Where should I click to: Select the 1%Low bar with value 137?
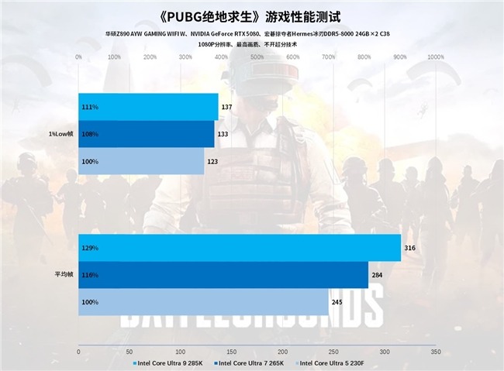(148, 106)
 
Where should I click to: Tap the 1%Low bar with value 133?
(147, 134)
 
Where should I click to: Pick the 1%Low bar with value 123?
(141, 161)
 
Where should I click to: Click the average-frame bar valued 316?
(240, 248)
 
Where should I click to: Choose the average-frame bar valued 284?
(223, 275)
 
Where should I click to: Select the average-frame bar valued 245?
(203, 302)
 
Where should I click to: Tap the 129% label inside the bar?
(90, 248)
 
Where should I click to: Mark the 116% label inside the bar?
(90, 275)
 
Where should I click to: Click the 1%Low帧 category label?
(60, 134)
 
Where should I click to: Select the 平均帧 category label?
(65, 275)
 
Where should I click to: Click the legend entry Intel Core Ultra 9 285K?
(170, 362)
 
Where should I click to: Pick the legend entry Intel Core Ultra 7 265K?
(253, 362)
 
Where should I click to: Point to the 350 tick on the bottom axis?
(436, 351)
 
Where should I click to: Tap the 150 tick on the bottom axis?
(232, 351)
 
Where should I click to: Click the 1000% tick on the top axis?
(436, 57)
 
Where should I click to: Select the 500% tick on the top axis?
(257, 57)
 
